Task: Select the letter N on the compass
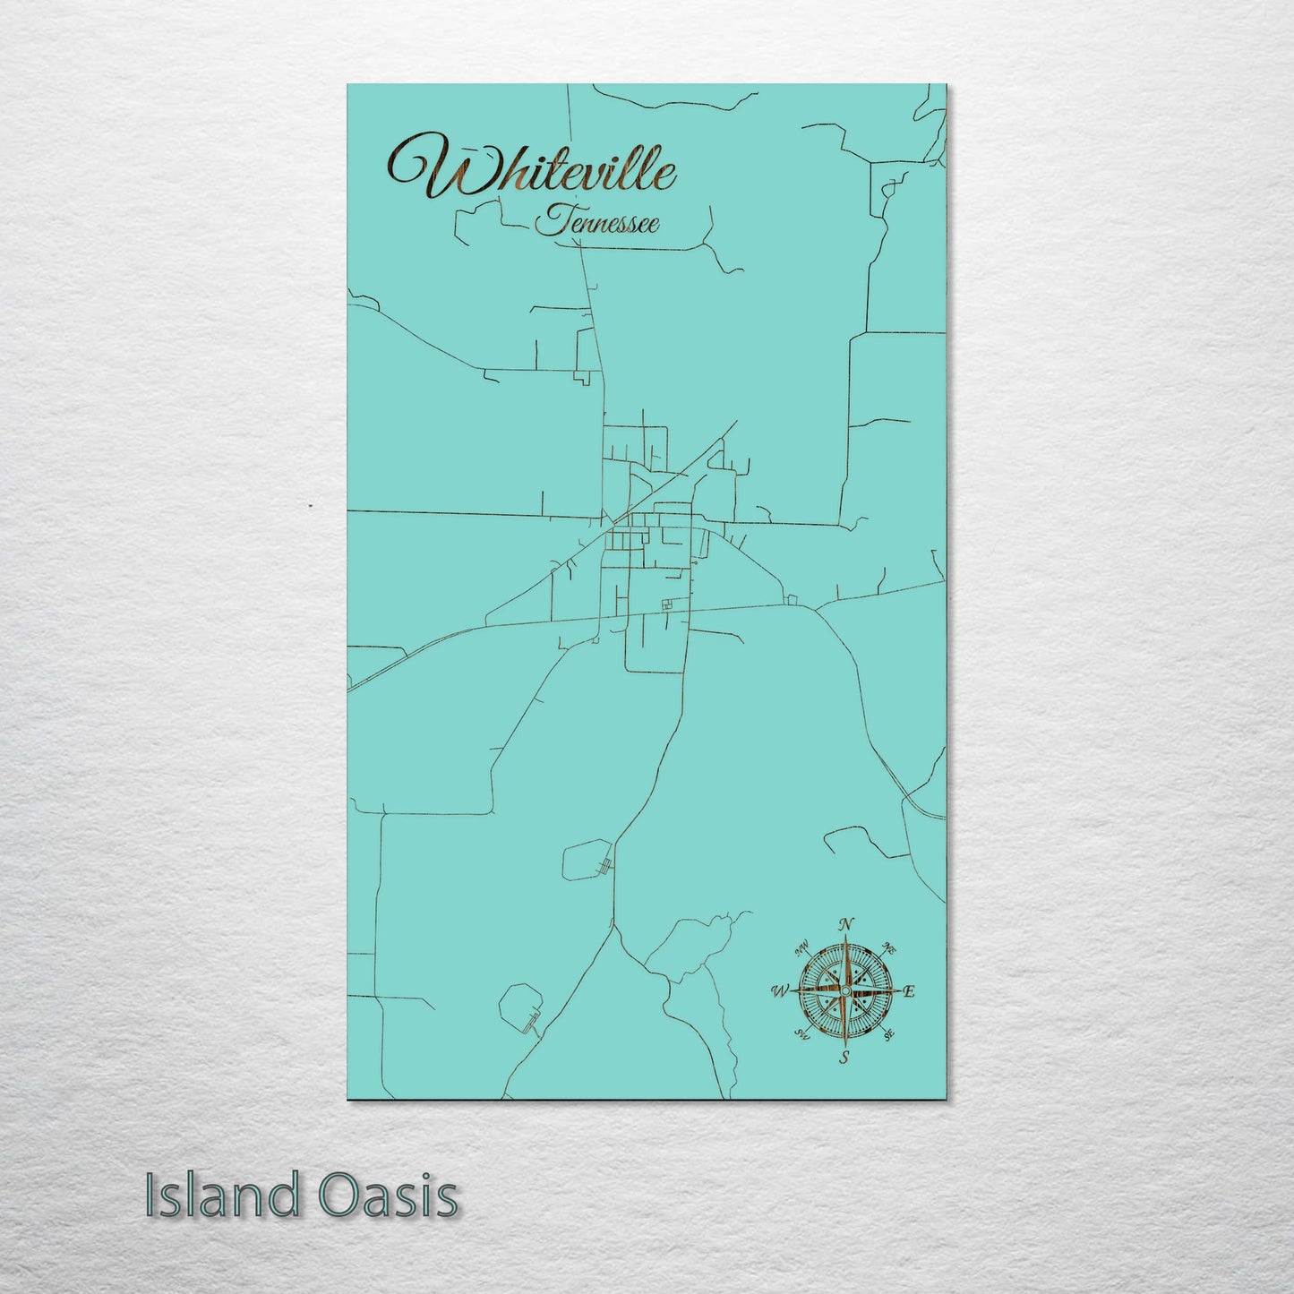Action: (846, 924)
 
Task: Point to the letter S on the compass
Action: (844, 1058)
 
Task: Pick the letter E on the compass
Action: (908, 991)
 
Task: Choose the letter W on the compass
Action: (779, 991)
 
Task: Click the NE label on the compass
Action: (889, 947)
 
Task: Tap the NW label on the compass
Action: (802, 946)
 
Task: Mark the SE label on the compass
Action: (888, 1035)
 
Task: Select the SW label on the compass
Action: (802, 1035)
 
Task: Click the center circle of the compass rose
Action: (844, 991)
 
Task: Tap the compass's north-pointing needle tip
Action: (845, 938)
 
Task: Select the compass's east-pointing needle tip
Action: (896, 991)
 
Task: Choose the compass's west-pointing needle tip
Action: (792, 991)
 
